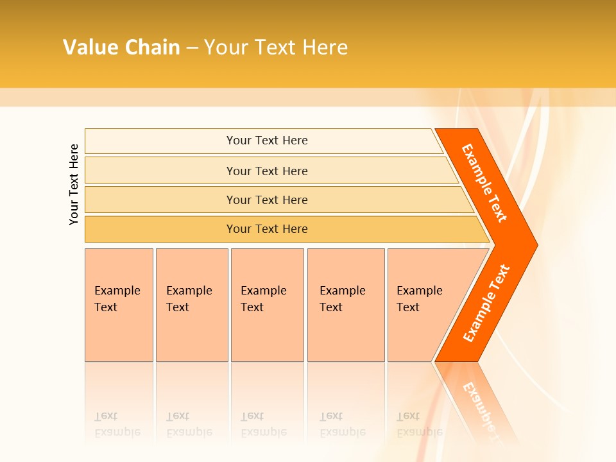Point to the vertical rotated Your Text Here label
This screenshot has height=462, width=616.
[x=74, y=184]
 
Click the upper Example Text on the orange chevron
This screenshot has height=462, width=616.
[x=484, y=183]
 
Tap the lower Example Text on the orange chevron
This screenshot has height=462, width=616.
[x=486, y=304]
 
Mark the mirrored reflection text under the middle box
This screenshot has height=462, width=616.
[x=263, y=424]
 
